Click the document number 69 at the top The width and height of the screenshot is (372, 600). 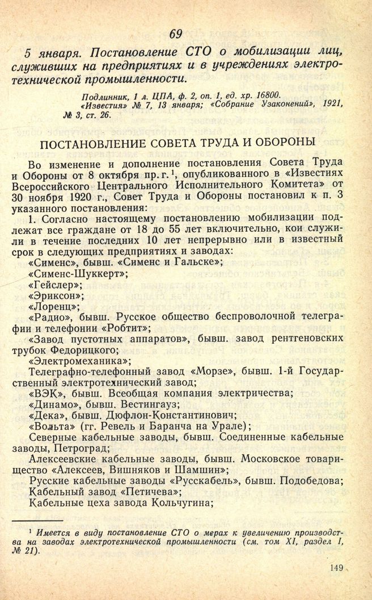[175, 34]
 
